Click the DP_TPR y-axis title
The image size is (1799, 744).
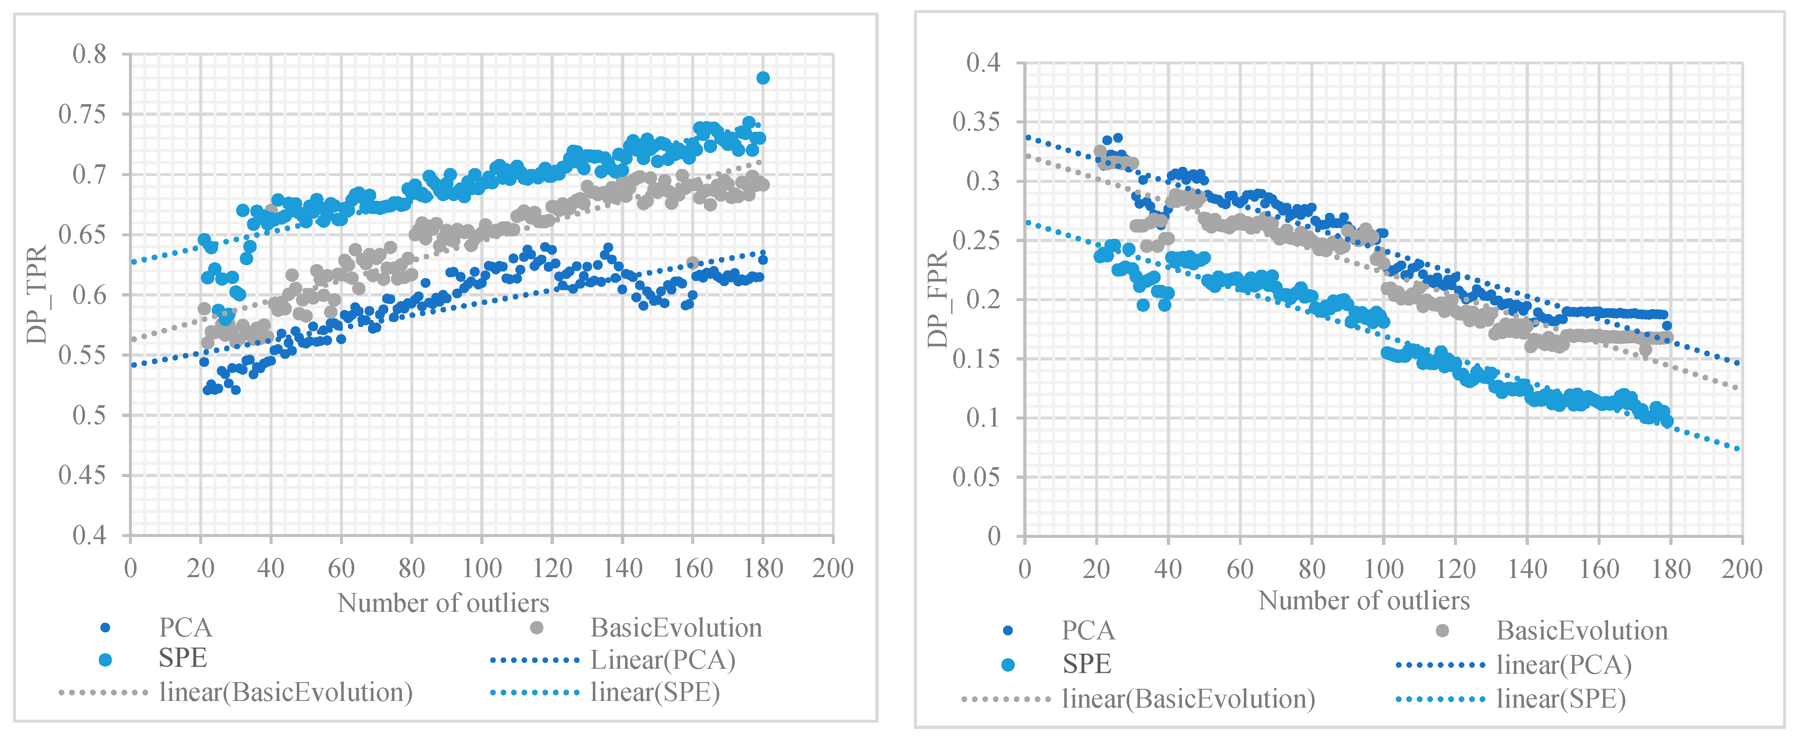[x=36, y=294]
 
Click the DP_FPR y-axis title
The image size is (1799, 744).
[x=937, y=300]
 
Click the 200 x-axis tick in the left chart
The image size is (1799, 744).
[x=832, y=568]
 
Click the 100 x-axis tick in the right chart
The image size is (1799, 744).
[x=1383, y=569]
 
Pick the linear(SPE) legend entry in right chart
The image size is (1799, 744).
[x=1560, y=699]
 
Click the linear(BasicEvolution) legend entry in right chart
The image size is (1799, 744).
[x=1187, y=699]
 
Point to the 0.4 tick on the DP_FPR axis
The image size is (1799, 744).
[x=983, y=63]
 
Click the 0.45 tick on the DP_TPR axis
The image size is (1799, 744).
[x=82, y=475]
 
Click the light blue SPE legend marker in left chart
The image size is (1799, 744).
[x=106, y=660]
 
